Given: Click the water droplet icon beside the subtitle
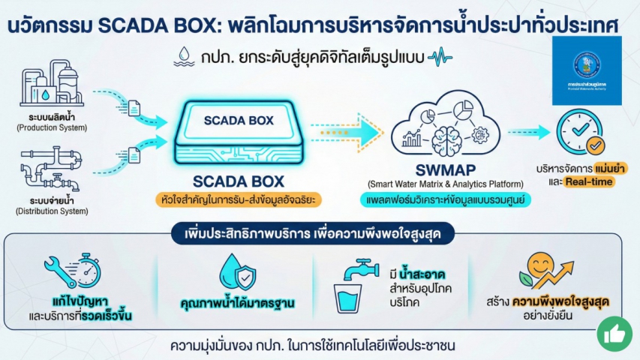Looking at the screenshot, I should [182, 55].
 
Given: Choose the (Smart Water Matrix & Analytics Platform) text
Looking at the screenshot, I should [435, 184].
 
